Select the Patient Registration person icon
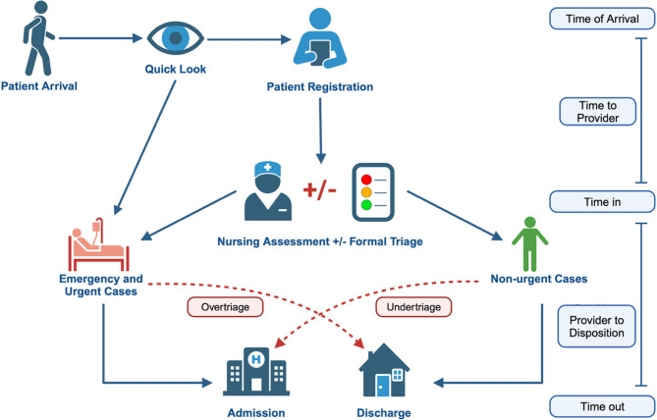316,38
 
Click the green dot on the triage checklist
368,205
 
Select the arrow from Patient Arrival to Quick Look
98,40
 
